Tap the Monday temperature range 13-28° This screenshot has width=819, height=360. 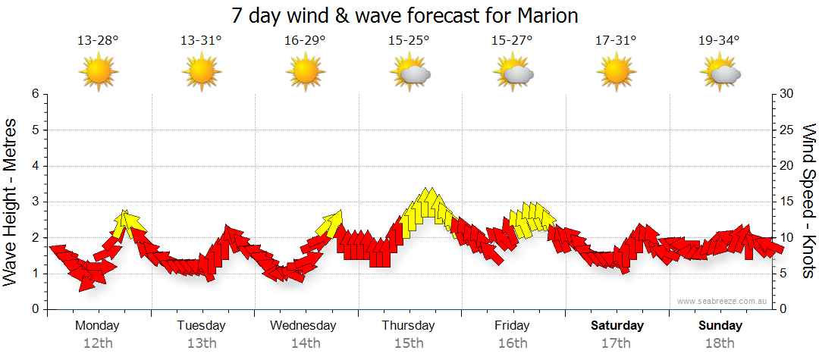(x=98, y=40)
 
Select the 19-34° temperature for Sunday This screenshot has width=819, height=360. (x=719, y=40)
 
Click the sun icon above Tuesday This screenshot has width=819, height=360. (x=202, y=72)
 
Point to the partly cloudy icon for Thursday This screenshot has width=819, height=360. (x=410, y=73)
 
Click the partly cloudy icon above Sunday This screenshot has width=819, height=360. (x=720, y=73)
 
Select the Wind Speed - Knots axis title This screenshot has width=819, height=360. (x=808, y=201)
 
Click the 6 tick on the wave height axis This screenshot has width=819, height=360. (x=34, y=94)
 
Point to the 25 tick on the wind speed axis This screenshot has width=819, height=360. (x=788, y=130)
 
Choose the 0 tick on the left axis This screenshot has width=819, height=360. (x=34, y=309)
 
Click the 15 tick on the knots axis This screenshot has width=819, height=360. (x=788, y=202)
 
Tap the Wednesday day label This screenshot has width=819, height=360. (x=303, y=326)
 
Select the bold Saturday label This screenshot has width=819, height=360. (x=617, y=326)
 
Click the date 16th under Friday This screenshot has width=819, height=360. (x=513, y=343)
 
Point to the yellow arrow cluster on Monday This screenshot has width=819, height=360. (x=129, y=224)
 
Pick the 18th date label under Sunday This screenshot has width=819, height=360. (x=720, y=343)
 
